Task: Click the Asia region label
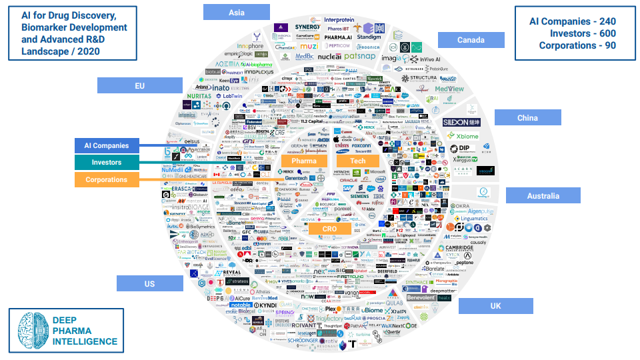coord(236,12)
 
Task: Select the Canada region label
coord(471,40)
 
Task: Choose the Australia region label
coord(543,195)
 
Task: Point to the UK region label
coord(495,306)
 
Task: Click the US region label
coord(149,283)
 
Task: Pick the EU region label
coord(139,85)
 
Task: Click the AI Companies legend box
coord(107,145)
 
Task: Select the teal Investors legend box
coord(107,162)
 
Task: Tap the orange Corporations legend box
coord(107,179)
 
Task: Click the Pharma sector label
coord(304,161)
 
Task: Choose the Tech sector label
coord(358,161)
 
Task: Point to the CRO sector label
coord(330,229)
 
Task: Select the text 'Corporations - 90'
coord(577,45)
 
